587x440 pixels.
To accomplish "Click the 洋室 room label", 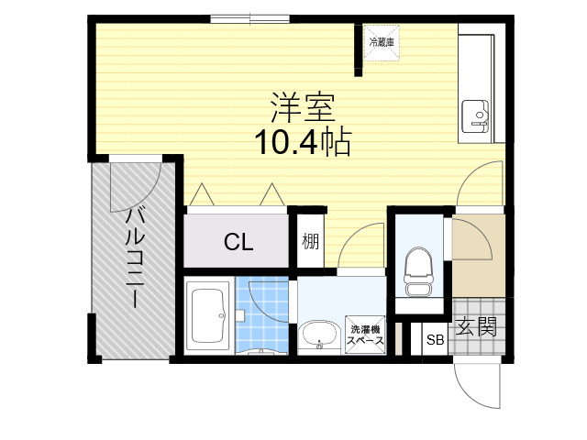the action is [303, 107].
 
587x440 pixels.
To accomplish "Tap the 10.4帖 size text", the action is [303, 143].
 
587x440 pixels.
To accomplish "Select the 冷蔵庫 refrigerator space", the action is [382, 43].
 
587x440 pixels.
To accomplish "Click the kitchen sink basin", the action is [475, 116].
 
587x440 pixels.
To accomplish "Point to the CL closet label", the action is [238, 242].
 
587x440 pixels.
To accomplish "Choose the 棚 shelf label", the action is [311, 241].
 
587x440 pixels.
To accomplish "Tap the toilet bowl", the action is [418, 271].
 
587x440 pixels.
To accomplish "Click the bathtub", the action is [208, 315].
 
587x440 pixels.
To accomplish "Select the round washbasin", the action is [320, 335].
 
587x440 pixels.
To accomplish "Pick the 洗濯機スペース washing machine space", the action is [365, 335].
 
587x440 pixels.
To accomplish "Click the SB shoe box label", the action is [435, 340].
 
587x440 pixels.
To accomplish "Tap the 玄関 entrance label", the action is [476, 326].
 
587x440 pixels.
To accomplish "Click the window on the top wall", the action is [249, 18].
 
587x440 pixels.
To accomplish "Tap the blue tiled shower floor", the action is [262, 314].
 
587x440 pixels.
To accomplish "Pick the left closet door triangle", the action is [202, 194].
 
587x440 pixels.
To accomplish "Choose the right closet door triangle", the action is [272, 194].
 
